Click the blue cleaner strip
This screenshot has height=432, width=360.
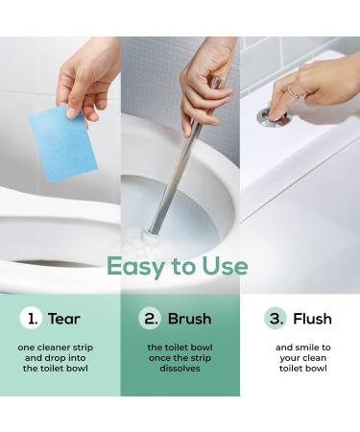pos(62,141)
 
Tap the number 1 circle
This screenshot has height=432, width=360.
pos(34,319)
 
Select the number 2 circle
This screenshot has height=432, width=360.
pos(151,319)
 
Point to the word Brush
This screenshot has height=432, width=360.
pos(189,319)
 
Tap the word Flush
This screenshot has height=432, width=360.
pos(313,319)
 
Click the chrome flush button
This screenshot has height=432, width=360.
pos(272,117)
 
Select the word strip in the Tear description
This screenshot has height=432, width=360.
pos(88,347)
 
